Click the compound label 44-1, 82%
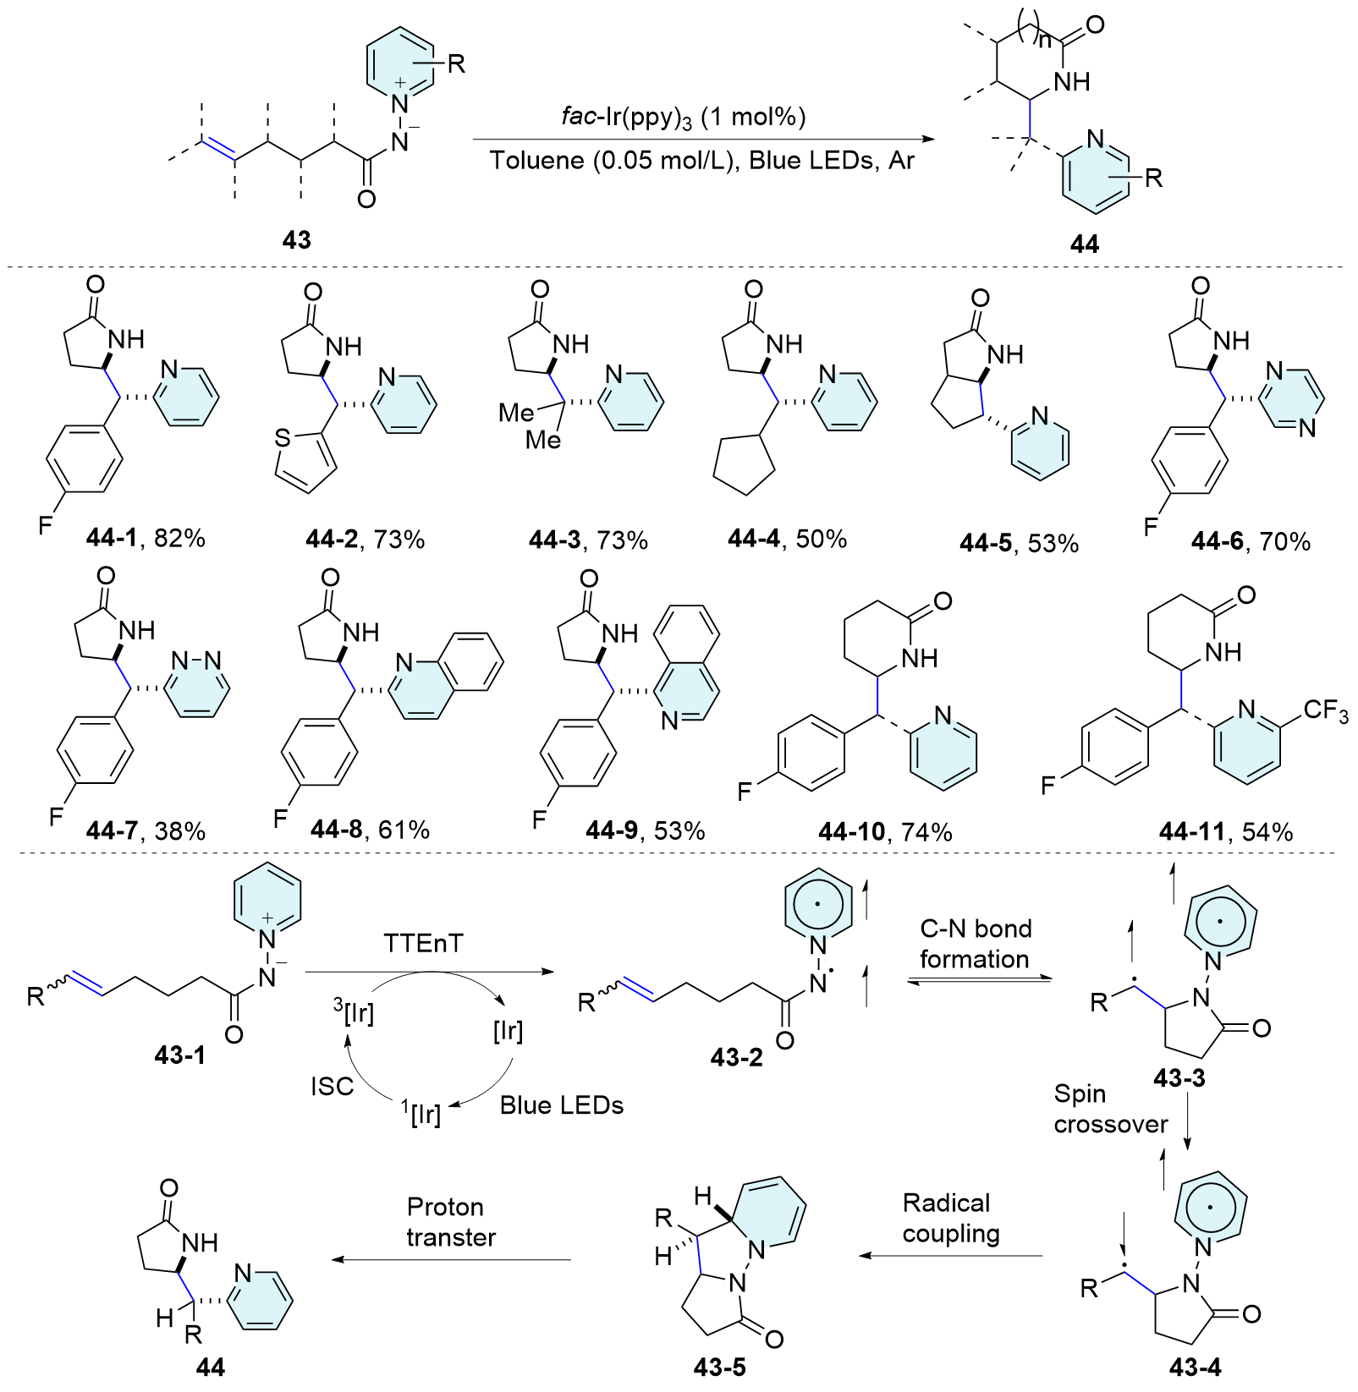point(146,539)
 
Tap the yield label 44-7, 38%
point(146,830)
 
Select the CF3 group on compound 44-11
point(1325,711)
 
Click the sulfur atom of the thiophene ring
point(283,438)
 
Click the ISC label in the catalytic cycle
point(332,1086)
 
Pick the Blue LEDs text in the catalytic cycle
point(561,1105)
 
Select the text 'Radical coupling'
point(950,1218)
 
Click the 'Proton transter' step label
point(451,1221)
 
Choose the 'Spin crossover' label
point(1110,1109)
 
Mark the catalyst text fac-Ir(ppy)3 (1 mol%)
point(683,118)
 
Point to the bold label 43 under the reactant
point(296,241)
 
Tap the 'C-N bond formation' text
point(975,944)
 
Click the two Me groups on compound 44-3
point(530,425)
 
